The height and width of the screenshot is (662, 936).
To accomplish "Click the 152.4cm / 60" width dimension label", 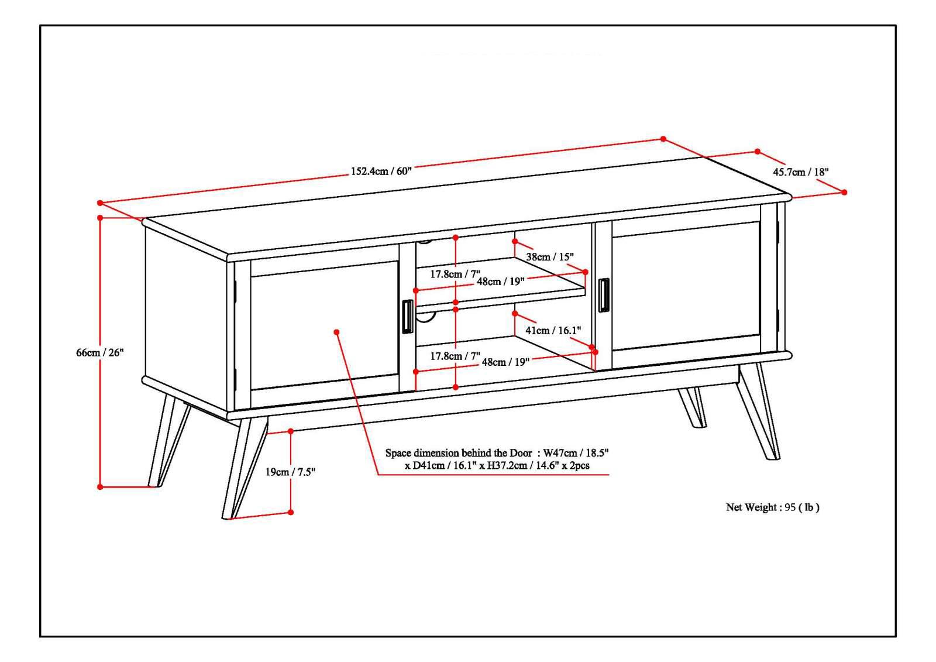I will coord(381,171).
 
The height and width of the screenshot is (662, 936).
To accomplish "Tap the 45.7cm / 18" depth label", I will coord(801,172).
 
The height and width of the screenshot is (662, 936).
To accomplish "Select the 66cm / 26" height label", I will coord(100,352).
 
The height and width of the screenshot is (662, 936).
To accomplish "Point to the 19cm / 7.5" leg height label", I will coord(291,472).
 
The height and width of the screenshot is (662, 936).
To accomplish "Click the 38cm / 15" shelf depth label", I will coord(549,256).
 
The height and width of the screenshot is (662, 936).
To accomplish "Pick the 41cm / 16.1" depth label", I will coord(553,330).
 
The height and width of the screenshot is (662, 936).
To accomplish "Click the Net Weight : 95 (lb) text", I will coord(772,507).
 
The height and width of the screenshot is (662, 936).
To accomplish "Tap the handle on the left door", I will coord(407,317).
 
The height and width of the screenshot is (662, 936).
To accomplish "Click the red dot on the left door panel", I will coord(336,332).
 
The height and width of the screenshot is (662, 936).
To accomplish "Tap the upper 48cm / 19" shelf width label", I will coord(500,282).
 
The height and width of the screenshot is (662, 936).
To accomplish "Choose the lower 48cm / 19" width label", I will coord(505,362).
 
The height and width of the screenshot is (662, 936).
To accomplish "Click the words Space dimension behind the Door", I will coord(458,453).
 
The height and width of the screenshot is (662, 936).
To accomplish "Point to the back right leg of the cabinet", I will coord(693,407).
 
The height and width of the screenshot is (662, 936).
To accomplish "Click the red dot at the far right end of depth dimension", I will coord(844,192).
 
